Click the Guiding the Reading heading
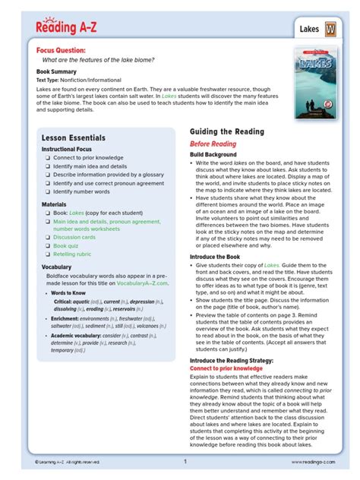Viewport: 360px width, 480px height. (x=227, y=132)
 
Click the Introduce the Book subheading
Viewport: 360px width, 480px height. (x=219, y=257)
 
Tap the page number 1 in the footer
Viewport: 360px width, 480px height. (x=185, y=461)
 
